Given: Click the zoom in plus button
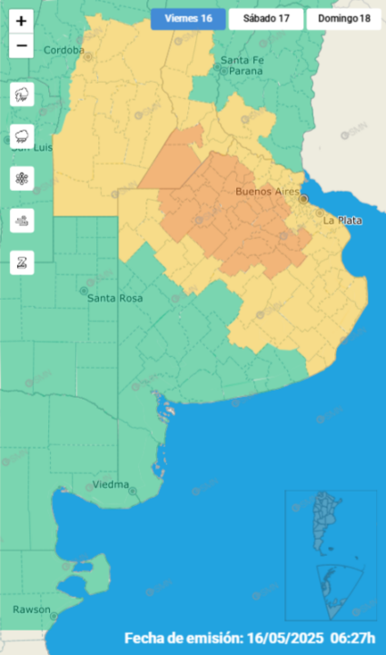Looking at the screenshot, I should coord(22,21).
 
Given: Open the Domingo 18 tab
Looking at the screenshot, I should coord(343,19).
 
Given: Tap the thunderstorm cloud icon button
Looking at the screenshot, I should coord(22,94).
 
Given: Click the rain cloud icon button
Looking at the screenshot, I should coord(22,136).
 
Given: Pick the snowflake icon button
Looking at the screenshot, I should coord(22,178).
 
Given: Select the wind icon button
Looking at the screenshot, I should coord(22,220).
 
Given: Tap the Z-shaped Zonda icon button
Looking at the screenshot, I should coord(22,263).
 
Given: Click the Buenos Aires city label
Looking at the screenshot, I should coord(267,191).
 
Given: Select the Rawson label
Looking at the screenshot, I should coord(31,609).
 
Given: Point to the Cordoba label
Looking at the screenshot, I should coord(63,51).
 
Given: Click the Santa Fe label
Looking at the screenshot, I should coord(242,60).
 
